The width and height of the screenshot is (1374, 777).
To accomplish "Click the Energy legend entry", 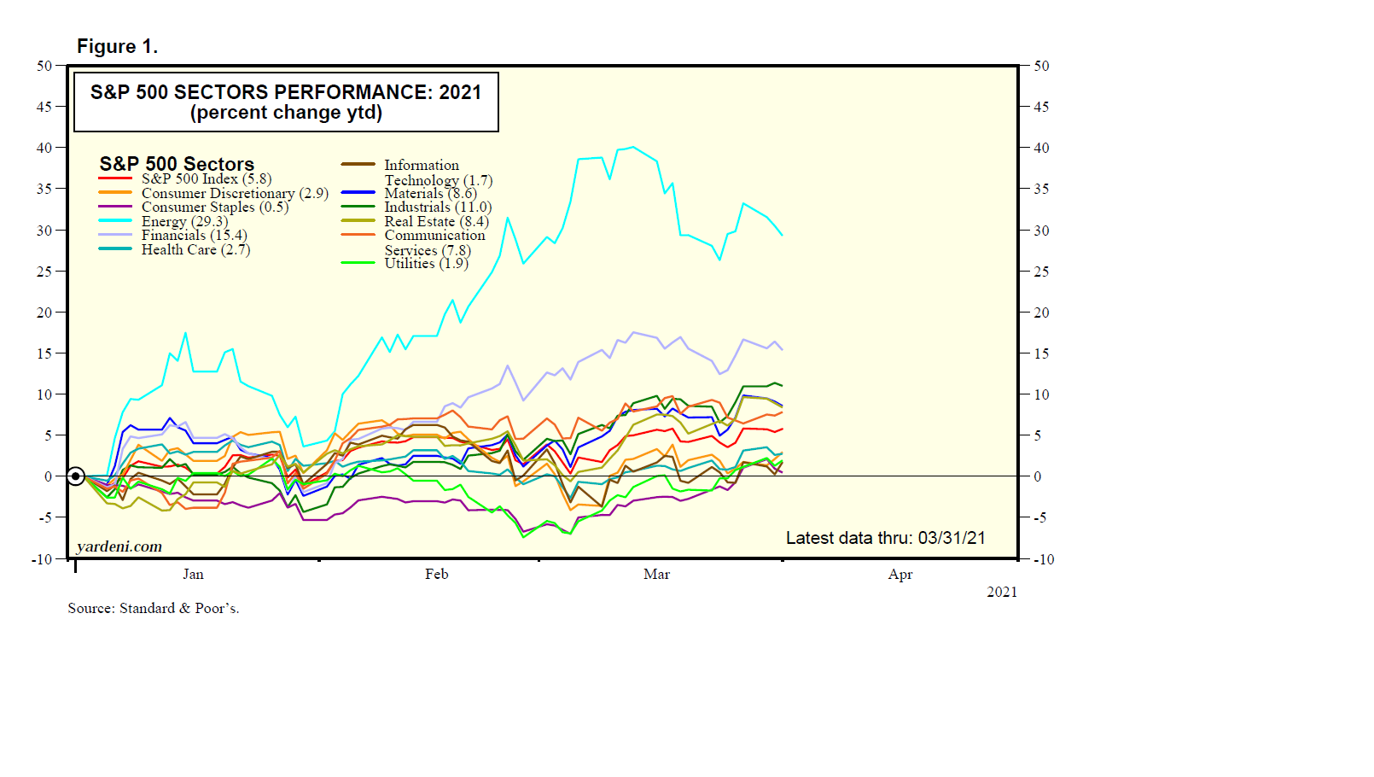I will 184,221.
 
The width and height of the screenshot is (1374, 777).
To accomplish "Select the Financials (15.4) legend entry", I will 194,236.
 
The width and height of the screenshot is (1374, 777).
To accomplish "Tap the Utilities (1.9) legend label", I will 426,264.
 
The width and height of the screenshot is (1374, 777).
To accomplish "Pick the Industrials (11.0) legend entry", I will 438,207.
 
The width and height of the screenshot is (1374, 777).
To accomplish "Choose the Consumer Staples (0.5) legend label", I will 215,207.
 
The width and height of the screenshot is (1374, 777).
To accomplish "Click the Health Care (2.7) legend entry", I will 195,250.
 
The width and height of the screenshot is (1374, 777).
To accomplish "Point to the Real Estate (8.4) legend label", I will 436,222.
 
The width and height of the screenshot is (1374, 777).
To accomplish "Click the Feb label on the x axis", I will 436,575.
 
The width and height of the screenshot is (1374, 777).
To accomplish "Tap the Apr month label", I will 900,575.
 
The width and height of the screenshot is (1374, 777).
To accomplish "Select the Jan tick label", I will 193,575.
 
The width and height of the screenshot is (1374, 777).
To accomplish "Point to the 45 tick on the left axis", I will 44,107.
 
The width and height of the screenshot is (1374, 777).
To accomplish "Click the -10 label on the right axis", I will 1044,560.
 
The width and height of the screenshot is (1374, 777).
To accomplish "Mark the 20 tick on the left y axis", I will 44,313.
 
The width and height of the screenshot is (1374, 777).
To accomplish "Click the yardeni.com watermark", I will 119,546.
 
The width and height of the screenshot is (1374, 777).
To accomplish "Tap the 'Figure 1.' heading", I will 117,46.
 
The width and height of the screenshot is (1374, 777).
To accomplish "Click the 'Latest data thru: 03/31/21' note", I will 885,538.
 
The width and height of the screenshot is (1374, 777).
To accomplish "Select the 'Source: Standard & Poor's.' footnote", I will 154,609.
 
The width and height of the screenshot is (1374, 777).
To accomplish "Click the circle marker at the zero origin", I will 76,476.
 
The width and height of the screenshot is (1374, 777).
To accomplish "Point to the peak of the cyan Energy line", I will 632,147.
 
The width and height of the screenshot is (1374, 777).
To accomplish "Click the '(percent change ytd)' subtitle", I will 286,113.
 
